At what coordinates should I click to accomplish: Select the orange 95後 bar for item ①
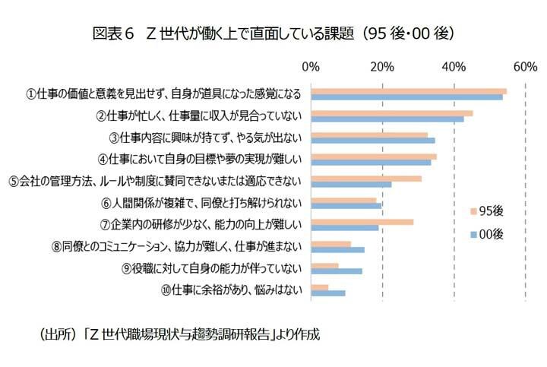pos(409,90)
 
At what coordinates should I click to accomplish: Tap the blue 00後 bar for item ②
pos(387,119)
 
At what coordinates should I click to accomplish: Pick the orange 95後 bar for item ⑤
pos(366,179)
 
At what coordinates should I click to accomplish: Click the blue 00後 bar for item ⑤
pos(351,184)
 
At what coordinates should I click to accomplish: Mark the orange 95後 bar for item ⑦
pos(362,222)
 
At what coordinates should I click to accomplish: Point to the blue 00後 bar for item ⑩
pos(328,293)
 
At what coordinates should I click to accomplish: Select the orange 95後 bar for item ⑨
pos(324,266)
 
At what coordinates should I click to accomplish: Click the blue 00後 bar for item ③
pos(372,141)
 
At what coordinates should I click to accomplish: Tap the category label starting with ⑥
pos(201,203)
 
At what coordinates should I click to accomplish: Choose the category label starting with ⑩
pos(231,289)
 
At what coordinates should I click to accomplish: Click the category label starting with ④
pos(201,160)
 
